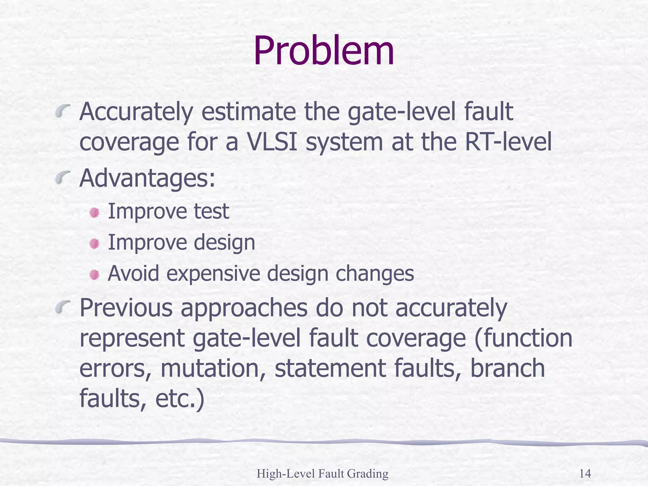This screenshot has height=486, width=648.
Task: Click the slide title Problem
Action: click(323, 51)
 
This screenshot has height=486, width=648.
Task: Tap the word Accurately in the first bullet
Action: click(136, 112)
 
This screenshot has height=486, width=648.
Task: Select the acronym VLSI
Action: click(271, 142)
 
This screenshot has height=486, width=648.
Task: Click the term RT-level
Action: click(508, 142)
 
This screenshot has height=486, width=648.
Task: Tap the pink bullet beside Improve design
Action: click(94, 244)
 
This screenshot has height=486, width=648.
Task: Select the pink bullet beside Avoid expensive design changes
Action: click(94, 274)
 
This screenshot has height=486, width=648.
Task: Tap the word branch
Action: click(508, 369)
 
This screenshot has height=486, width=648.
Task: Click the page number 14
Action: click(585, 474)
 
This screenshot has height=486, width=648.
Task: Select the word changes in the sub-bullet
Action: click(375, 274)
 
